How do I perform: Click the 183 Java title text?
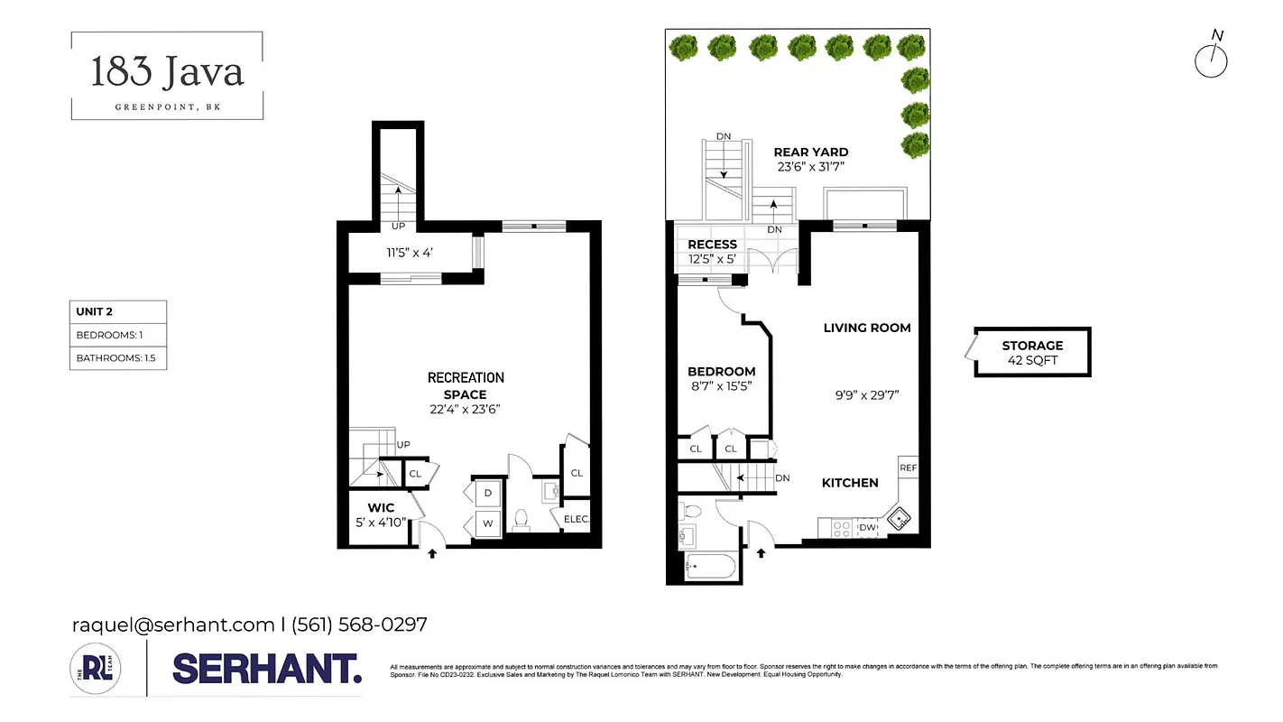(167, 72)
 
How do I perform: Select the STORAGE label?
(1032, 346)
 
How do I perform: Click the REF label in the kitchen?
(908, 468)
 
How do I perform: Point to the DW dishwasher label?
(867, 527)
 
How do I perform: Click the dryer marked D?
(488, 493)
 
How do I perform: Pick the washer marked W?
(488, 523)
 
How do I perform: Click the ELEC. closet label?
(577, 519)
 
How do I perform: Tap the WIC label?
(381, 508)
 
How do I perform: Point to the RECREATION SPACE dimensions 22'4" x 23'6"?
(466, 409)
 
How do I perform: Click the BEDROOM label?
(722, 372)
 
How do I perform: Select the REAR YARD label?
(811, 153)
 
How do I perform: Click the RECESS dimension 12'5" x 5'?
(712, 259)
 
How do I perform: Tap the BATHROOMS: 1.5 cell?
(118, 358)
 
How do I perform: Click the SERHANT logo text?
(267, 669)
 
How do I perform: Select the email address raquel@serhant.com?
(173, 625)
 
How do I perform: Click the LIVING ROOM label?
(867, 328)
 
